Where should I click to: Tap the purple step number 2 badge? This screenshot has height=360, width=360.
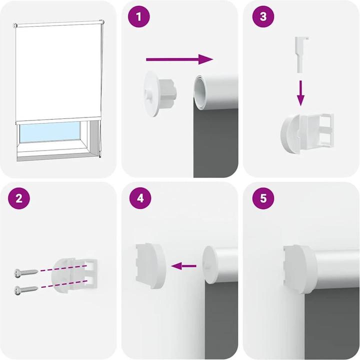click(x=19, y=198)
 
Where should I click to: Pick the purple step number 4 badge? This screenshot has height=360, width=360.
click(x=139, y=198)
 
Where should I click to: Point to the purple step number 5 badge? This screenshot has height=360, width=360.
click(x=263, y=198)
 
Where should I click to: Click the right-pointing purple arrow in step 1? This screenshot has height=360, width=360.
click(x=179, y=59)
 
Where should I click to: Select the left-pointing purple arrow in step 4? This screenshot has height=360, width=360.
click(x=183, y=266)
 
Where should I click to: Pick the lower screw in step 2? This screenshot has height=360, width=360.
click(x=26, y=288)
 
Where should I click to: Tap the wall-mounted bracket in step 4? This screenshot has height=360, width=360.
click(x=150, y=264)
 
